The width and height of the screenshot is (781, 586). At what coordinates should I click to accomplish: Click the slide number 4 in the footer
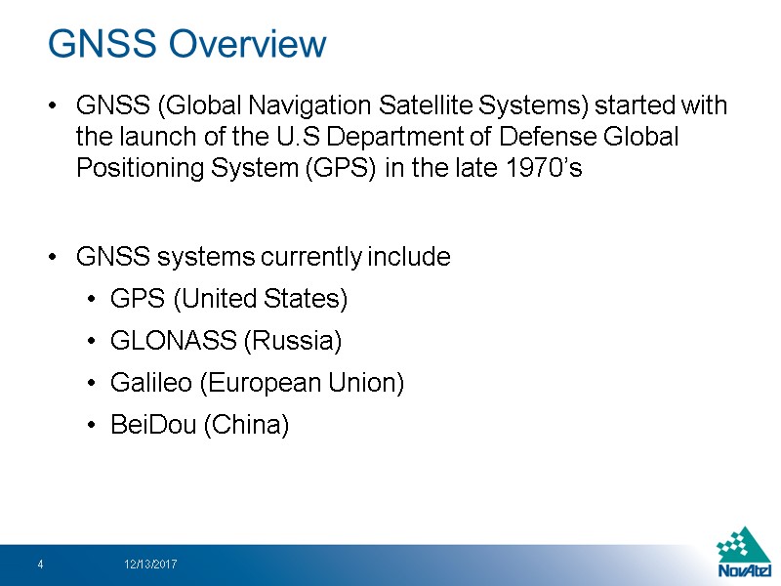coord(40,565)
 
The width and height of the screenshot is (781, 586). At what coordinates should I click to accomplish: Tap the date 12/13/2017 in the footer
coord(150,565)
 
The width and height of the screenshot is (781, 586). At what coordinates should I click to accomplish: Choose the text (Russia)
coord(292,341)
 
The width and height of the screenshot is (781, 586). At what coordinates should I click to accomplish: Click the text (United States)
coord(275,298)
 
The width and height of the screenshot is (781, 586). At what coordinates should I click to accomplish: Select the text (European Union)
coord(301,383)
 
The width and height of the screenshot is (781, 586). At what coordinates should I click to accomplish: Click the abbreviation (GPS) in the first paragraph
coord(342,168)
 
